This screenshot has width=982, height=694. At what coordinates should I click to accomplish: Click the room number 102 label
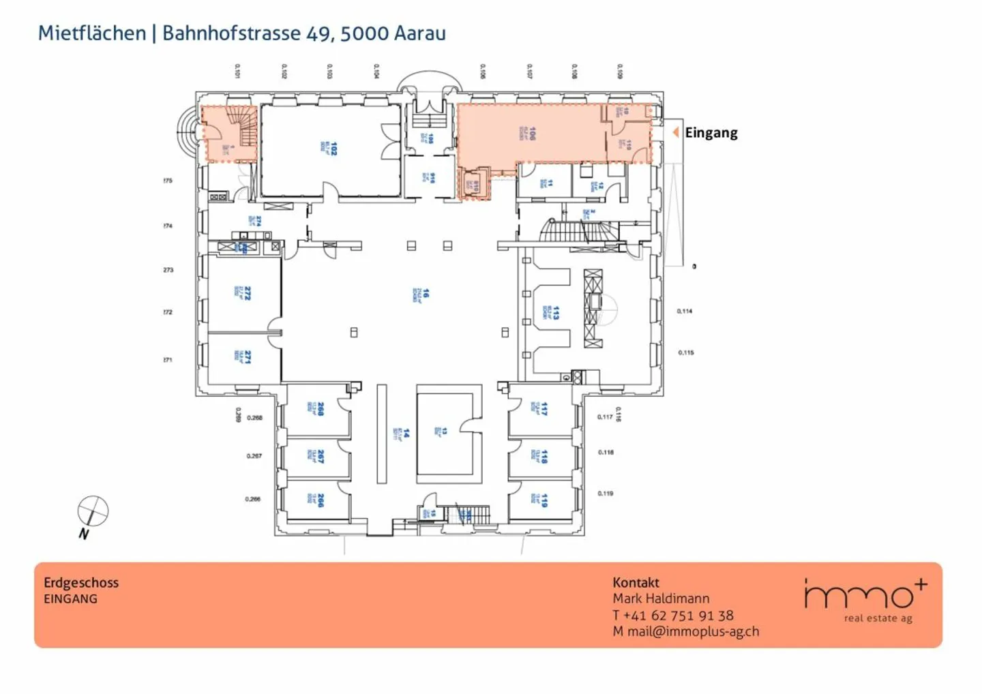click(333, 148)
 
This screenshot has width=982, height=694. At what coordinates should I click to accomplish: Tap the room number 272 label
click(247, 293)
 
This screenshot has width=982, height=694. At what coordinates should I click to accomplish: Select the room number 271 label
click(247, 357)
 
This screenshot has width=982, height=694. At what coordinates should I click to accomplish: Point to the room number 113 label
click(555, 313)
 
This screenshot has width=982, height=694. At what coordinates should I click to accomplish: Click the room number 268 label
click(320, 409)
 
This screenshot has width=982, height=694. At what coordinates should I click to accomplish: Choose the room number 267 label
click(320, 457)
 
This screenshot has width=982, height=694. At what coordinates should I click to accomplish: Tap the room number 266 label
click(320, 500)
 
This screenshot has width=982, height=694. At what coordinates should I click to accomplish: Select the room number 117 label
click(544, 409)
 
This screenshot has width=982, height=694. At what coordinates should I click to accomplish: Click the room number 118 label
click(544, 456)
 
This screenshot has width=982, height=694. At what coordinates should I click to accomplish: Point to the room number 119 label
click(544, 500)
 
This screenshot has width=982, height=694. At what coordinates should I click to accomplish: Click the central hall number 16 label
click(426, 293)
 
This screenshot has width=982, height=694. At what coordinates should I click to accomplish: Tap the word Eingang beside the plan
click(711, 133)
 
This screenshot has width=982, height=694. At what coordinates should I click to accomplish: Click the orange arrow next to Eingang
click(675, 132)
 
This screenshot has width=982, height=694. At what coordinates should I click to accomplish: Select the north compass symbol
click(92, 512)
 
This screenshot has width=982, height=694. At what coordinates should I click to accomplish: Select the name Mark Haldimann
click(661, 599)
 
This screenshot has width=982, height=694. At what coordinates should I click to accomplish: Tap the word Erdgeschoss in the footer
click(81, 582)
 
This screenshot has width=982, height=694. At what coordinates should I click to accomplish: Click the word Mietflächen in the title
click(92, 33)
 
